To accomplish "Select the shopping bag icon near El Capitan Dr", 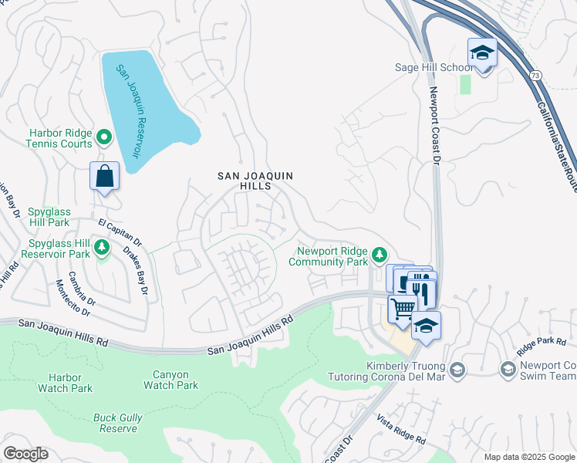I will tap(105, 177).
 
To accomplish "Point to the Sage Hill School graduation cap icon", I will tap(482, 53).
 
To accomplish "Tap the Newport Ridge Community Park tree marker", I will tap(379, 254).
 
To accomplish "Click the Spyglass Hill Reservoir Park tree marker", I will tap(102, 248).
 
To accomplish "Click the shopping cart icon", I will tap(403, 309).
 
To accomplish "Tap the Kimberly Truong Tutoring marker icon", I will tap(457, 370).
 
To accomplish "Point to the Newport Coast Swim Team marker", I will tap(508, 370).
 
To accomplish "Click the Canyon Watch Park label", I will tap(170, 380).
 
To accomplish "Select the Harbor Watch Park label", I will tap(70, 383).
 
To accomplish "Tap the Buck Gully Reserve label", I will tap(118, 423).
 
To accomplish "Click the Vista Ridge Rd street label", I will tap(401, 429).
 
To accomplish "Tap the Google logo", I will tap(25, 454).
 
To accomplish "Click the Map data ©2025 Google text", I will tap(528, 457).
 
